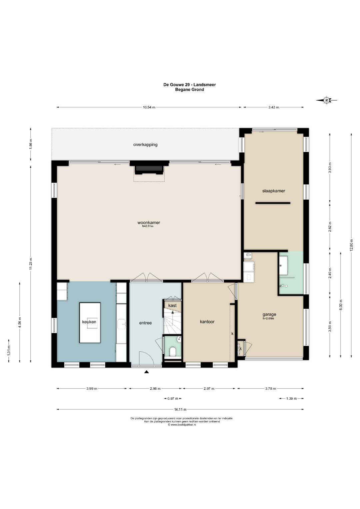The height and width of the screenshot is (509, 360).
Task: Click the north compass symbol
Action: [x=327, y=100]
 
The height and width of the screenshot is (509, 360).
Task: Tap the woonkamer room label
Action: [x=149, y=222]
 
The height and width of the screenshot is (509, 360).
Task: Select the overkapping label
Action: [x=145, y=145]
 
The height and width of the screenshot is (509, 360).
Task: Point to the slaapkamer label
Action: [x=273, y=191]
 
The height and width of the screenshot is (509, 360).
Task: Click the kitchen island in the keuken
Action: [x=90, y=322]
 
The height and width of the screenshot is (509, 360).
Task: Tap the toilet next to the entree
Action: [x=173, y=352]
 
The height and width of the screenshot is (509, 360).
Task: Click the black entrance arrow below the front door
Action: [x=147, y=372]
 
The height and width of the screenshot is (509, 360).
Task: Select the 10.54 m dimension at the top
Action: [x=149, y=107]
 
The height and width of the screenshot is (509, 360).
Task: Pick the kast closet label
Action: [x=172, y=305]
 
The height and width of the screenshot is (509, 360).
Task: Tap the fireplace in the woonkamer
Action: [x=149, y=170]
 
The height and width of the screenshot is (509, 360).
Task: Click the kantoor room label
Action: [x=207, y=322]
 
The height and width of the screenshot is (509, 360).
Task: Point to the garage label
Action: [x=269, y=314]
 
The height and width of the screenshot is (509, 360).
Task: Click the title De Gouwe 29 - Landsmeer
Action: [x=190, y=85]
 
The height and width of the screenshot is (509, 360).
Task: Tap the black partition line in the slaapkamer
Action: [x=273, y=203]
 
